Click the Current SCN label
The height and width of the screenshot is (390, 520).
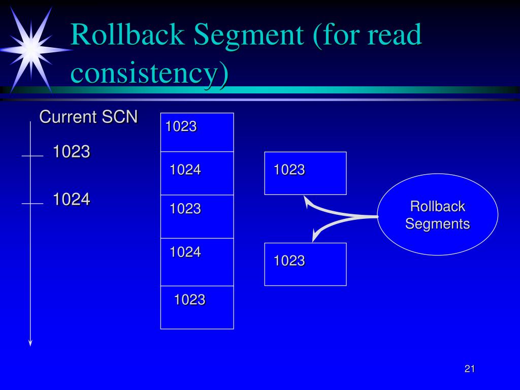[x=89, y=117]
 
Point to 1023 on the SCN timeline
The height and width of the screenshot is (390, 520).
[x=72, y=151]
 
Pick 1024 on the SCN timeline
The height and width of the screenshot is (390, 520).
[x=72, y=200]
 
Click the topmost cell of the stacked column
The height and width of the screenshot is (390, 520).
[x=197, y=132]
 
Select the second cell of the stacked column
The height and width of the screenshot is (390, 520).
[x=197, y=173]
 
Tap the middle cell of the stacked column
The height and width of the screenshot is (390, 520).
[x=197, y=216]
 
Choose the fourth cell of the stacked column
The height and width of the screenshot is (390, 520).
[x=197, y=262]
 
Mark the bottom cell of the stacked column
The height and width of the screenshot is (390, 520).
[x=197, y=307]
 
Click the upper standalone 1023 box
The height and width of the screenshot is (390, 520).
[x=305, y=173]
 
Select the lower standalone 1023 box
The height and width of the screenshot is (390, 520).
[x=305, y=264]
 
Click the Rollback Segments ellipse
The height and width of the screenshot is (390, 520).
[x=437, y=214]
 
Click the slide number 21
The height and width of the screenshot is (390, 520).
[x=469, y=369]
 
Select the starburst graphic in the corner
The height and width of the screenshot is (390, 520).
[x=30, y=48]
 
